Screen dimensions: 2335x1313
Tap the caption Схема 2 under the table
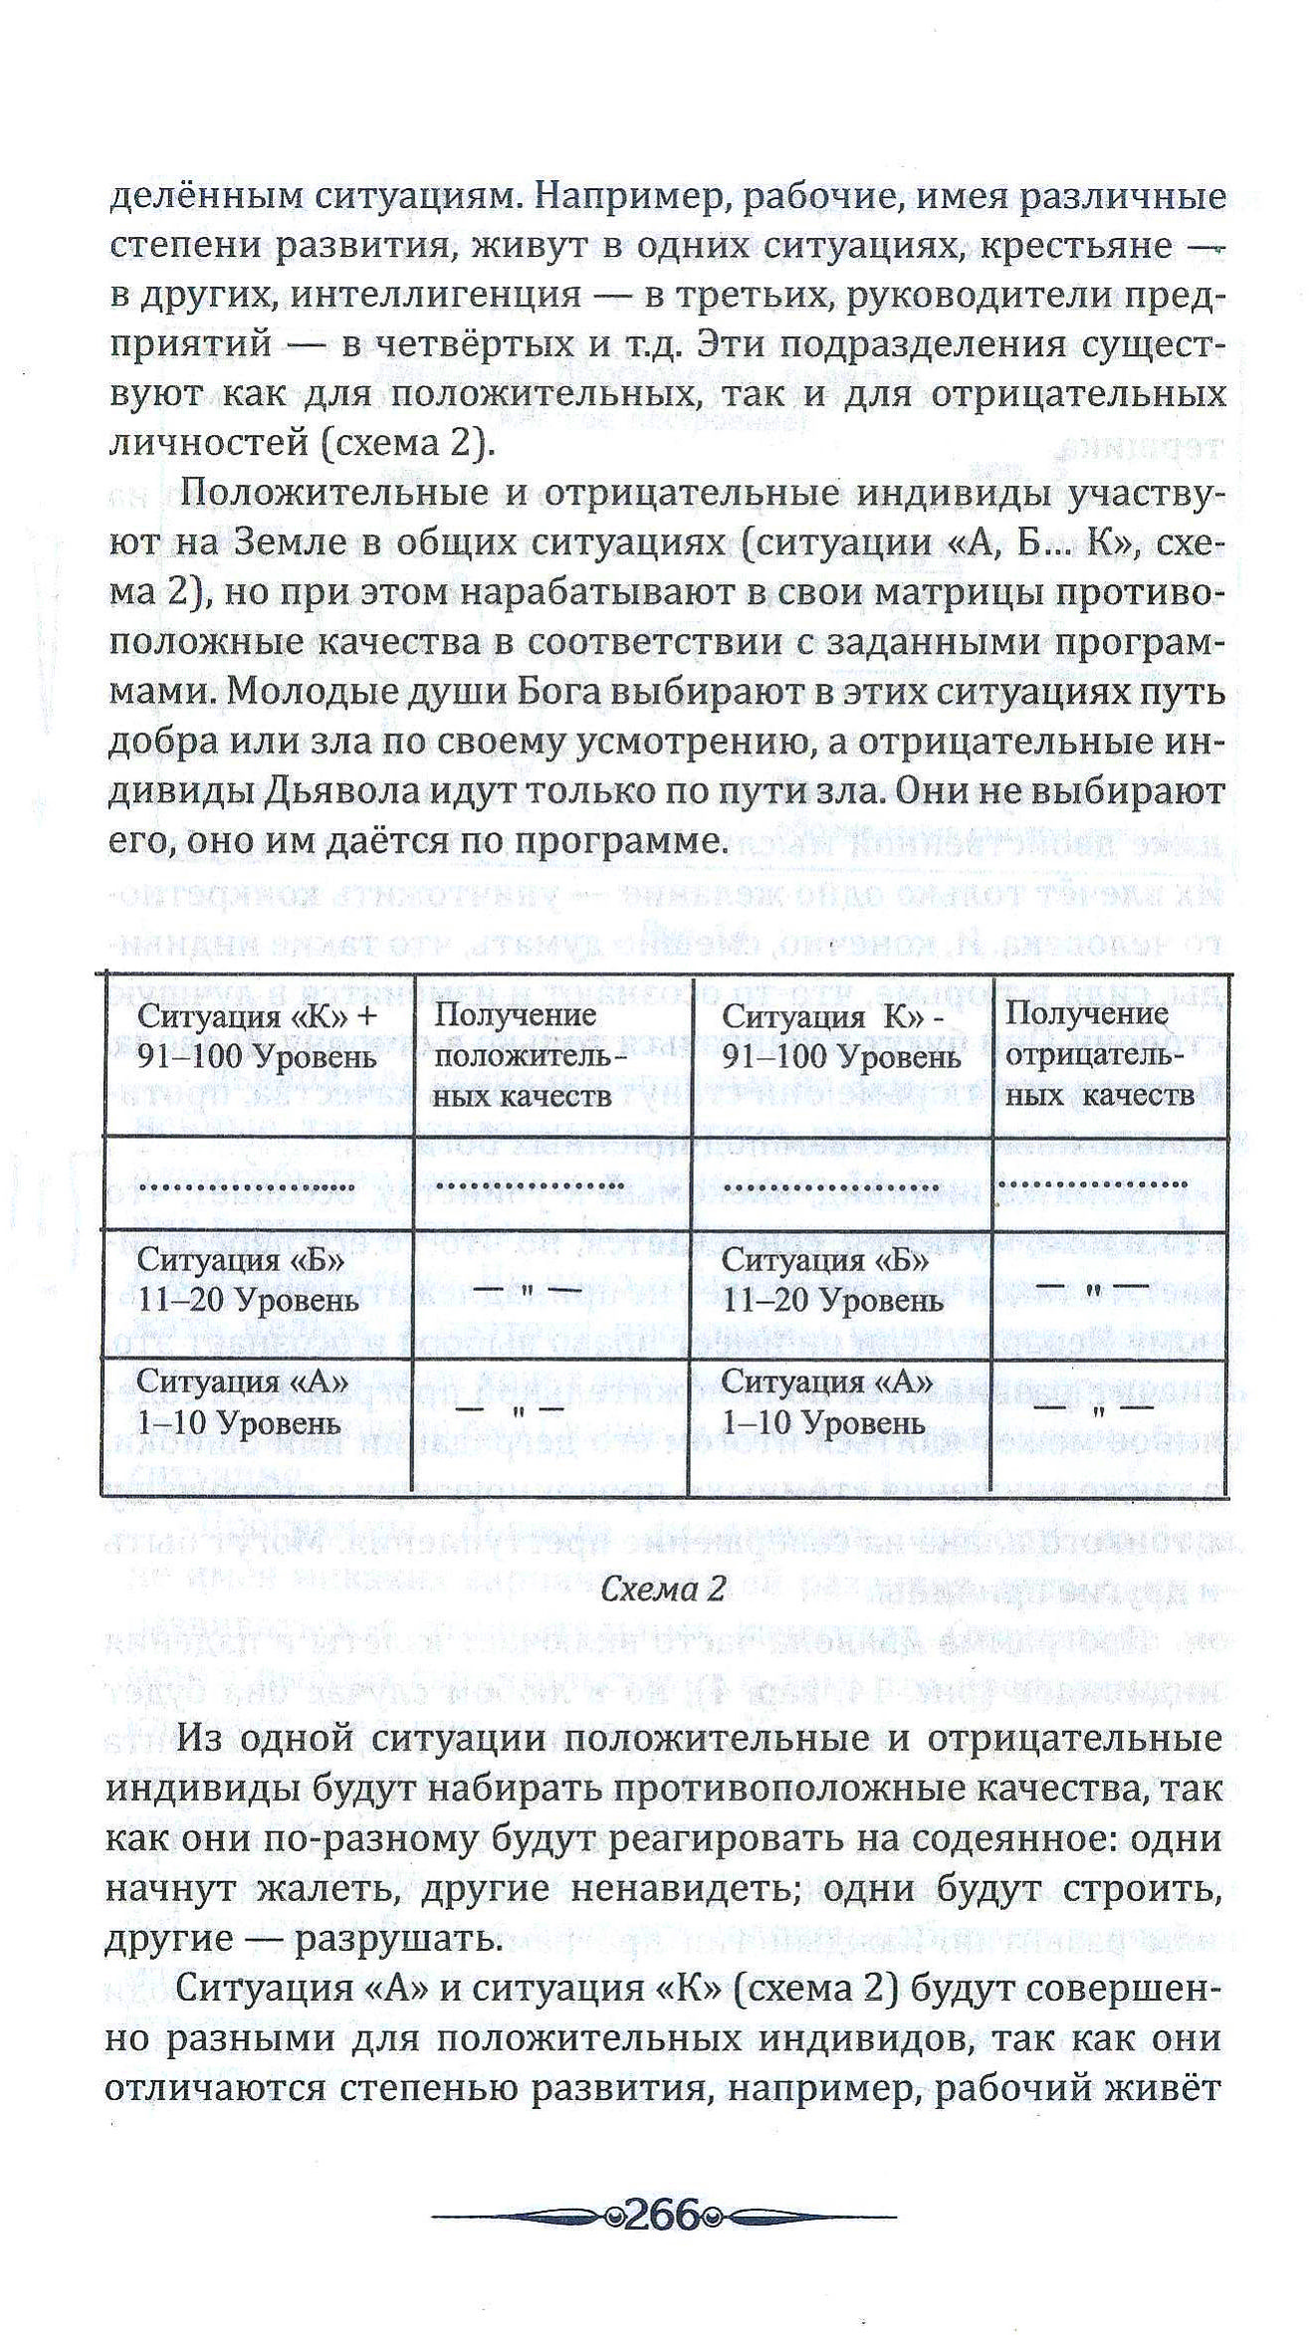[662, 1590]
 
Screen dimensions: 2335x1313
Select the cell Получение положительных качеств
[550, 1056]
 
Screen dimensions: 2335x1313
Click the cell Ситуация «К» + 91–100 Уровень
[257, 1036]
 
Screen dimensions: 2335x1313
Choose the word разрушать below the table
[392, 1938]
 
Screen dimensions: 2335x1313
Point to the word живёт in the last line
[1164, 2087]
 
